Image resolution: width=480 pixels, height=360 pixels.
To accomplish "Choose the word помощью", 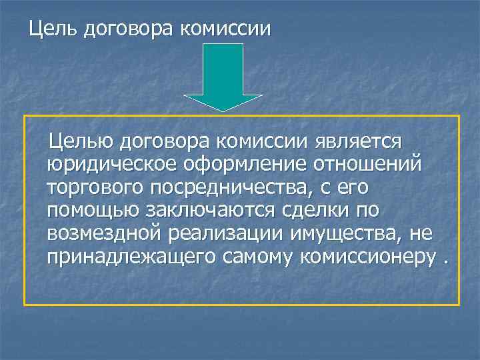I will coord(93,211).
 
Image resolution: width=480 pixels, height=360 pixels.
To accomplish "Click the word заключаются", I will coord(216,211).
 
